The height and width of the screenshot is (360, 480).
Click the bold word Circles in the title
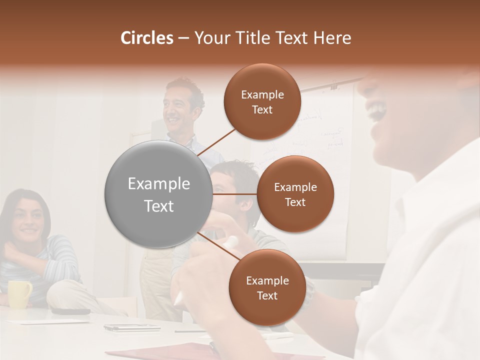coord(146,38)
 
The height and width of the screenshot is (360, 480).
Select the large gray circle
coord(158,194)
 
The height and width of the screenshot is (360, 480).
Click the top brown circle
coord(262,101)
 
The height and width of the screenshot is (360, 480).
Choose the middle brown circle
coord(295,194)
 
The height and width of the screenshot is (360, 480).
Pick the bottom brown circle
coord(267,287)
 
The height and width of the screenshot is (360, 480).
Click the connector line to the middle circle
coord(235,194)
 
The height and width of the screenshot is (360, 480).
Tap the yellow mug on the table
coord(19,293)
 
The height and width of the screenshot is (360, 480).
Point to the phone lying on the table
coord(132,328)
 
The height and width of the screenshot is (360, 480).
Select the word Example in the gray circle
coord(158,184)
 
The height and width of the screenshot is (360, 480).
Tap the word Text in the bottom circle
coord(267,295)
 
